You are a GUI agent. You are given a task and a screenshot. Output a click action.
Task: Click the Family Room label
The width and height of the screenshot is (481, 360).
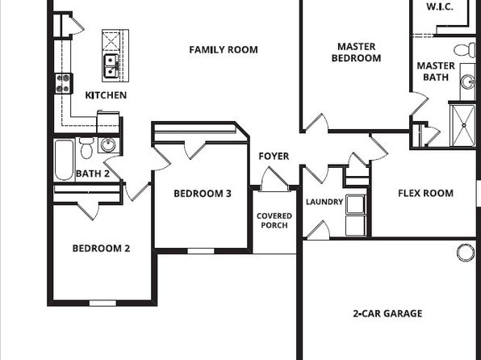coord(224,50)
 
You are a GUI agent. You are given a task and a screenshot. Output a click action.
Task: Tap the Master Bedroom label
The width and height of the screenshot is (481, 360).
coord(356,52)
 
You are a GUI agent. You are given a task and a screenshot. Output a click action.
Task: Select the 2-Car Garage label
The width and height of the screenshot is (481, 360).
coord(387,313)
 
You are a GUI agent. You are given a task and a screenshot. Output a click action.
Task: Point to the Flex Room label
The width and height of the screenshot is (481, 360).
coord(425,193)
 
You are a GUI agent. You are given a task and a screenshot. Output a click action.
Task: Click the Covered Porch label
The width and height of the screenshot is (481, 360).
coord(274,220)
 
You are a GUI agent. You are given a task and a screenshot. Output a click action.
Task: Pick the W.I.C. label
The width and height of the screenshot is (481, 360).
coord(440,6)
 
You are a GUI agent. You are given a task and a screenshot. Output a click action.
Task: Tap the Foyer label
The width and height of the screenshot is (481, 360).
coord(274,157)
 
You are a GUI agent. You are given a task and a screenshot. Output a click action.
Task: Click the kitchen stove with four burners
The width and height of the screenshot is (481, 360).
coord(64,83)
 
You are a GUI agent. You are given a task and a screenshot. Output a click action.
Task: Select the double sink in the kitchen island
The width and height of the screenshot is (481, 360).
coord(111,66)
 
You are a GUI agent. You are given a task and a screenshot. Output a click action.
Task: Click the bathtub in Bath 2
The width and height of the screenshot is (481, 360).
coord(64,160)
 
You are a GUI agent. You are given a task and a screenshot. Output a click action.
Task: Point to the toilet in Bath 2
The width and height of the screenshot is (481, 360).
coord(86,148)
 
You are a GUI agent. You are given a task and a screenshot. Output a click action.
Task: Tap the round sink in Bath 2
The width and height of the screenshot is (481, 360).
coord(108,144)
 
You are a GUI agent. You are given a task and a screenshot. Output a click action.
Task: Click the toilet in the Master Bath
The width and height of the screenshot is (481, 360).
coord(465,50)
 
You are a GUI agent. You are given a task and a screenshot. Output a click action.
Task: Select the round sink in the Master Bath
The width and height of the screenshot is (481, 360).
coord(468,82)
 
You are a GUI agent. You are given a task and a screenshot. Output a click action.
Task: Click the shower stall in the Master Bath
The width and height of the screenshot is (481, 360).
coord(463,126)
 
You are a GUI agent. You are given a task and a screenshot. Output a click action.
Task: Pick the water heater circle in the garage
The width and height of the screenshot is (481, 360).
coord(466,253)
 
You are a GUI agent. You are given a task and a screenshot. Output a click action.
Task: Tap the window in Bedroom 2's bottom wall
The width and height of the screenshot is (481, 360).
coord(102,303)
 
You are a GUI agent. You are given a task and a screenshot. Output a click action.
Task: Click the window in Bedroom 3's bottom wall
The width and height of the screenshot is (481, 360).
coord(201,251)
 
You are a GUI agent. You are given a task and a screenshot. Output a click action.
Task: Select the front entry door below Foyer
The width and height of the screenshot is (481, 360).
coord(274,179)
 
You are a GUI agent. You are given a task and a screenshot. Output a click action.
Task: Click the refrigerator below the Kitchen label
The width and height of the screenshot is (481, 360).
coord(108,122)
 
